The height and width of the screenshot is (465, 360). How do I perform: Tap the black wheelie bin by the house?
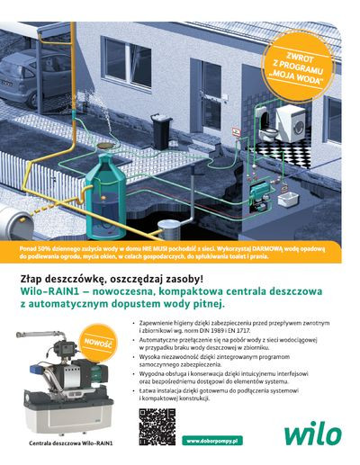tap(162, 131)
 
